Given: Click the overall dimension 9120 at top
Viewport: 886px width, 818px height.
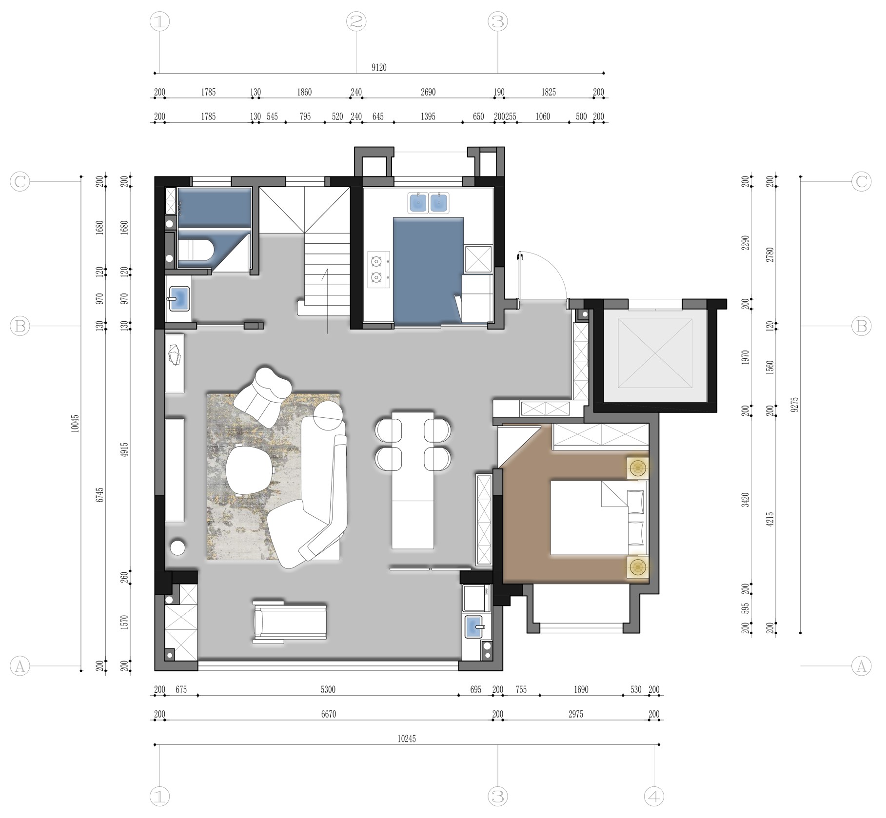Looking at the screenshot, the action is (x=379, y=67).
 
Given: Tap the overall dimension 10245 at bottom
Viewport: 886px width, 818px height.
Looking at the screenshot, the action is (x=407, y=739).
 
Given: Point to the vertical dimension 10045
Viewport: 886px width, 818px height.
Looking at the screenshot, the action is (x=75, y=424).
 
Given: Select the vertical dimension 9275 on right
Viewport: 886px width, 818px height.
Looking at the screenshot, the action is (x=795, y=404).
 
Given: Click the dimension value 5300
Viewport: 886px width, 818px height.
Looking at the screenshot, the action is (x=328, y=689).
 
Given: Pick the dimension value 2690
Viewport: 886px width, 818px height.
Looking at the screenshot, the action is (x=428, y=92).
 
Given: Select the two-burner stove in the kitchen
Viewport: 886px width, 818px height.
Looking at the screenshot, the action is (x=379, y=270).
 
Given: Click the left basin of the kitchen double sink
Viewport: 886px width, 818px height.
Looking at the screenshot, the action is (x=418, y=203).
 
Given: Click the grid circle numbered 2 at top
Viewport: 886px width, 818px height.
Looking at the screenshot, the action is (x=356, y=21).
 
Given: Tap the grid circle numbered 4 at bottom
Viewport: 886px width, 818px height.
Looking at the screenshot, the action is (x=654, y=797).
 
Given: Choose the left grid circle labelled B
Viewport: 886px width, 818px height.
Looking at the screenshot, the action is (x=20, y=326).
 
